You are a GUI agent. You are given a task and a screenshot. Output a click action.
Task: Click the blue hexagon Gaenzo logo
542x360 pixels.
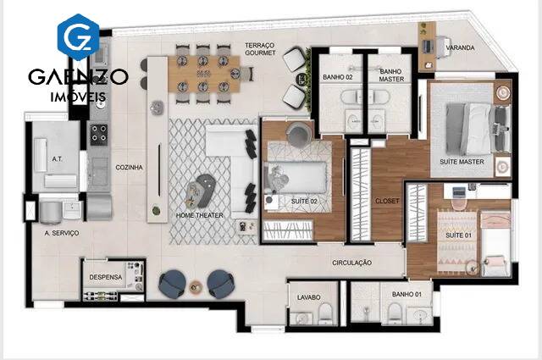(79, 37)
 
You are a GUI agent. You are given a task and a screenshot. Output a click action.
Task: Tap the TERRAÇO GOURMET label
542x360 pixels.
(260, 49)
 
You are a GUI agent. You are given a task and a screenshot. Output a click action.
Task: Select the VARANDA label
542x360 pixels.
(460, 47)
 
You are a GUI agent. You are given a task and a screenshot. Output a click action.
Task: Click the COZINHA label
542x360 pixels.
(129, 168)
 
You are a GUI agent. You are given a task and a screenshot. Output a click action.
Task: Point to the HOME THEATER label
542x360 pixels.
(200, 215)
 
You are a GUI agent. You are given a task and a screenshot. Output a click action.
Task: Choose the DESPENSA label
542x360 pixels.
(105, 277)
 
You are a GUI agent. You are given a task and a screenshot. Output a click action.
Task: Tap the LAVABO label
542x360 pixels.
(308, 297)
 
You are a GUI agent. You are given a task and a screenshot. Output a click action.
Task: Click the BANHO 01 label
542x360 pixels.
(406, 294)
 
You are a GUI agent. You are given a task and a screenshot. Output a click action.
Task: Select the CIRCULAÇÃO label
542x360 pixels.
(352, 263)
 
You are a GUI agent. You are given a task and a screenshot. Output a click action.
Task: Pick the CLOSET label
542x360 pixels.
(387, 201)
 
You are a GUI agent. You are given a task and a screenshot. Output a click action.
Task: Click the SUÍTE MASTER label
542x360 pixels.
(462, 162)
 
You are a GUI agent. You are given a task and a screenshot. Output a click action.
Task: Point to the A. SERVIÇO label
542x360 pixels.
(62, 233)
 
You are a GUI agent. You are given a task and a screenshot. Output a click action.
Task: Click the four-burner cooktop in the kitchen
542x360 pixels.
(99, 134)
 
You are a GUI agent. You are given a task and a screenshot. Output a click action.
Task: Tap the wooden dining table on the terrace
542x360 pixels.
(204, 74)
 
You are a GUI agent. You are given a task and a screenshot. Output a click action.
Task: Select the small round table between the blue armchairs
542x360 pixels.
(196, 286)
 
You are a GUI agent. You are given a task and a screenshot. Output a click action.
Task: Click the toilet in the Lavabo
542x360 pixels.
(325, 313)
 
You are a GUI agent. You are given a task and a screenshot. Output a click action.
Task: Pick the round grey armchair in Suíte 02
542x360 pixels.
(299, 133)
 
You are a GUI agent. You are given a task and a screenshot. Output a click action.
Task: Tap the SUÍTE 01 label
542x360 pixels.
(458, 235)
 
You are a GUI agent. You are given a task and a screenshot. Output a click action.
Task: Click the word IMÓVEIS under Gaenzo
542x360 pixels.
(78, 97)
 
